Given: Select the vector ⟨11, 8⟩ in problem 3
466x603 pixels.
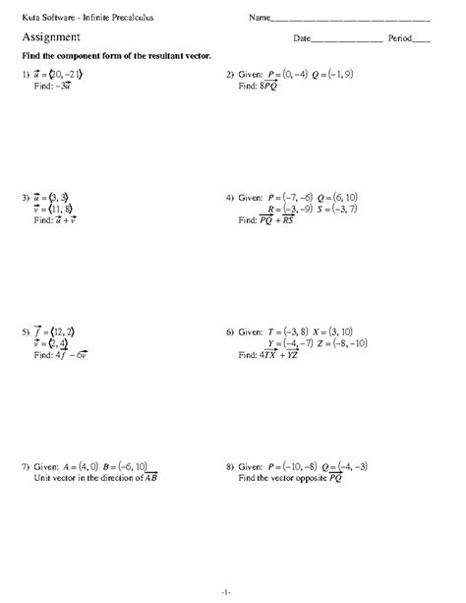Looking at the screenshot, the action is tap(64, 209).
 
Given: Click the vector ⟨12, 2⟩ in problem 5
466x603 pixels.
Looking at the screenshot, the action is tap(64, 332).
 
